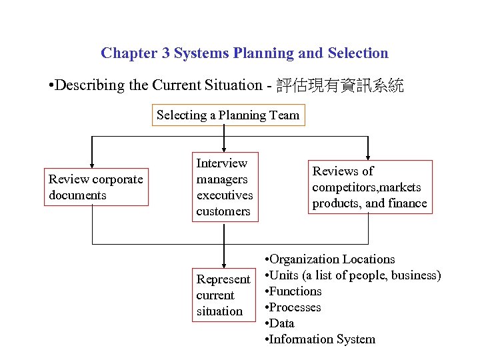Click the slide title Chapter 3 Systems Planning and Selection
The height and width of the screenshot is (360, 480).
244,53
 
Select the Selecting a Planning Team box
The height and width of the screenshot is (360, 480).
228,115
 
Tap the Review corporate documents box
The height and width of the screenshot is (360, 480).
97,187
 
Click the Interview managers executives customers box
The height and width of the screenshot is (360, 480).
225,187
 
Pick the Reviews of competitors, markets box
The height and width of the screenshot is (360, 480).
369,187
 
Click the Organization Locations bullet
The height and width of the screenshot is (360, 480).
330,259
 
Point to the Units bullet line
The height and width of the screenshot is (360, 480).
353,275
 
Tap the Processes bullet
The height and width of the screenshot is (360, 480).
293,307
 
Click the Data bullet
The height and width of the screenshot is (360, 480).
281,323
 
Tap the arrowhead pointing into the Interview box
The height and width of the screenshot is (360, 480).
224,149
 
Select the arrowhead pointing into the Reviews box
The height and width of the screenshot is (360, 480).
368,155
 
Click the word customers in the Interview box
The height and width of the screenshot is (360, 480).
223,211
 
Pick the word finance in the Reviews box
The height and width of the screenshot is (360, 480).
407,203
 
